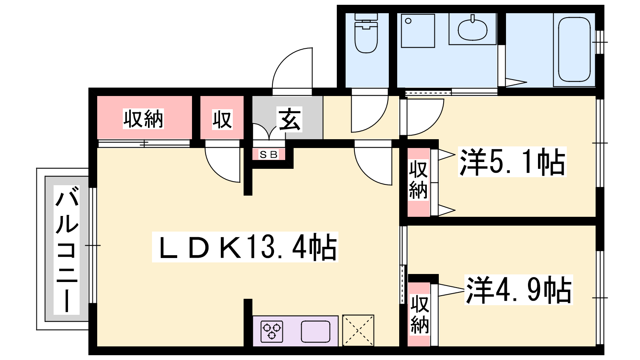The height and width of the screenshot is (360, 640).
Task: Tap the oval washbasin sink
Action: pos(472,29)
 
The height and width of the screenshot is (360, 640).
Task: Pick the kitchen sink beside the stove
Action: pos(316,332)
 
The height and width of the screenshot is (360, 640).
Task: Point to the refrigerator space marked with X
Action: pos(358,330)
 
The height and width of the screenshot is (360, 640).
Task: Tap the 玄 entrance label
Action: pos(290,119)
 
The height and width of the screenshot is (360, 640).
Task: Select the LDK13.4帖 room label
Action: pos(245,247)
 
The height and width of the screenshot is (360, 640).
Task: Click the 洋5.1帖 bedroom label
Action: pos(512,162)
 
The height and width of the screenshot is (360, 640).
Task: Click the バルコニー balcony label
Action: pos(67,250)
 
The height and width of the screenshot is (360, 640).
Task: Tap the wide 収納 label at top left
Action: pos(143,119)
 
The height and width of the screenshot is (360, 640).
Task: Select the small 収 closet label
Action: pos(222,119)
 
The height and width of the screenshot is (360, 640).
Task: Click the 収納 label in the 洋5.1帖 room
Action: pos(418,180)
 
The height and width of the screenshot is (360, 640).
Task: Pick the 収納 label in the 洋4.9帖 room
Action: pos(420,314)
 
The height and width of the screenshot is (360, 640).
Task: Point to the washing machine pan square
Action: pos(418,31)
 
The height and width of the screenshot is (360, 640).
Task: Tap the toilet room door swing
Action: pos(369,114)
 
